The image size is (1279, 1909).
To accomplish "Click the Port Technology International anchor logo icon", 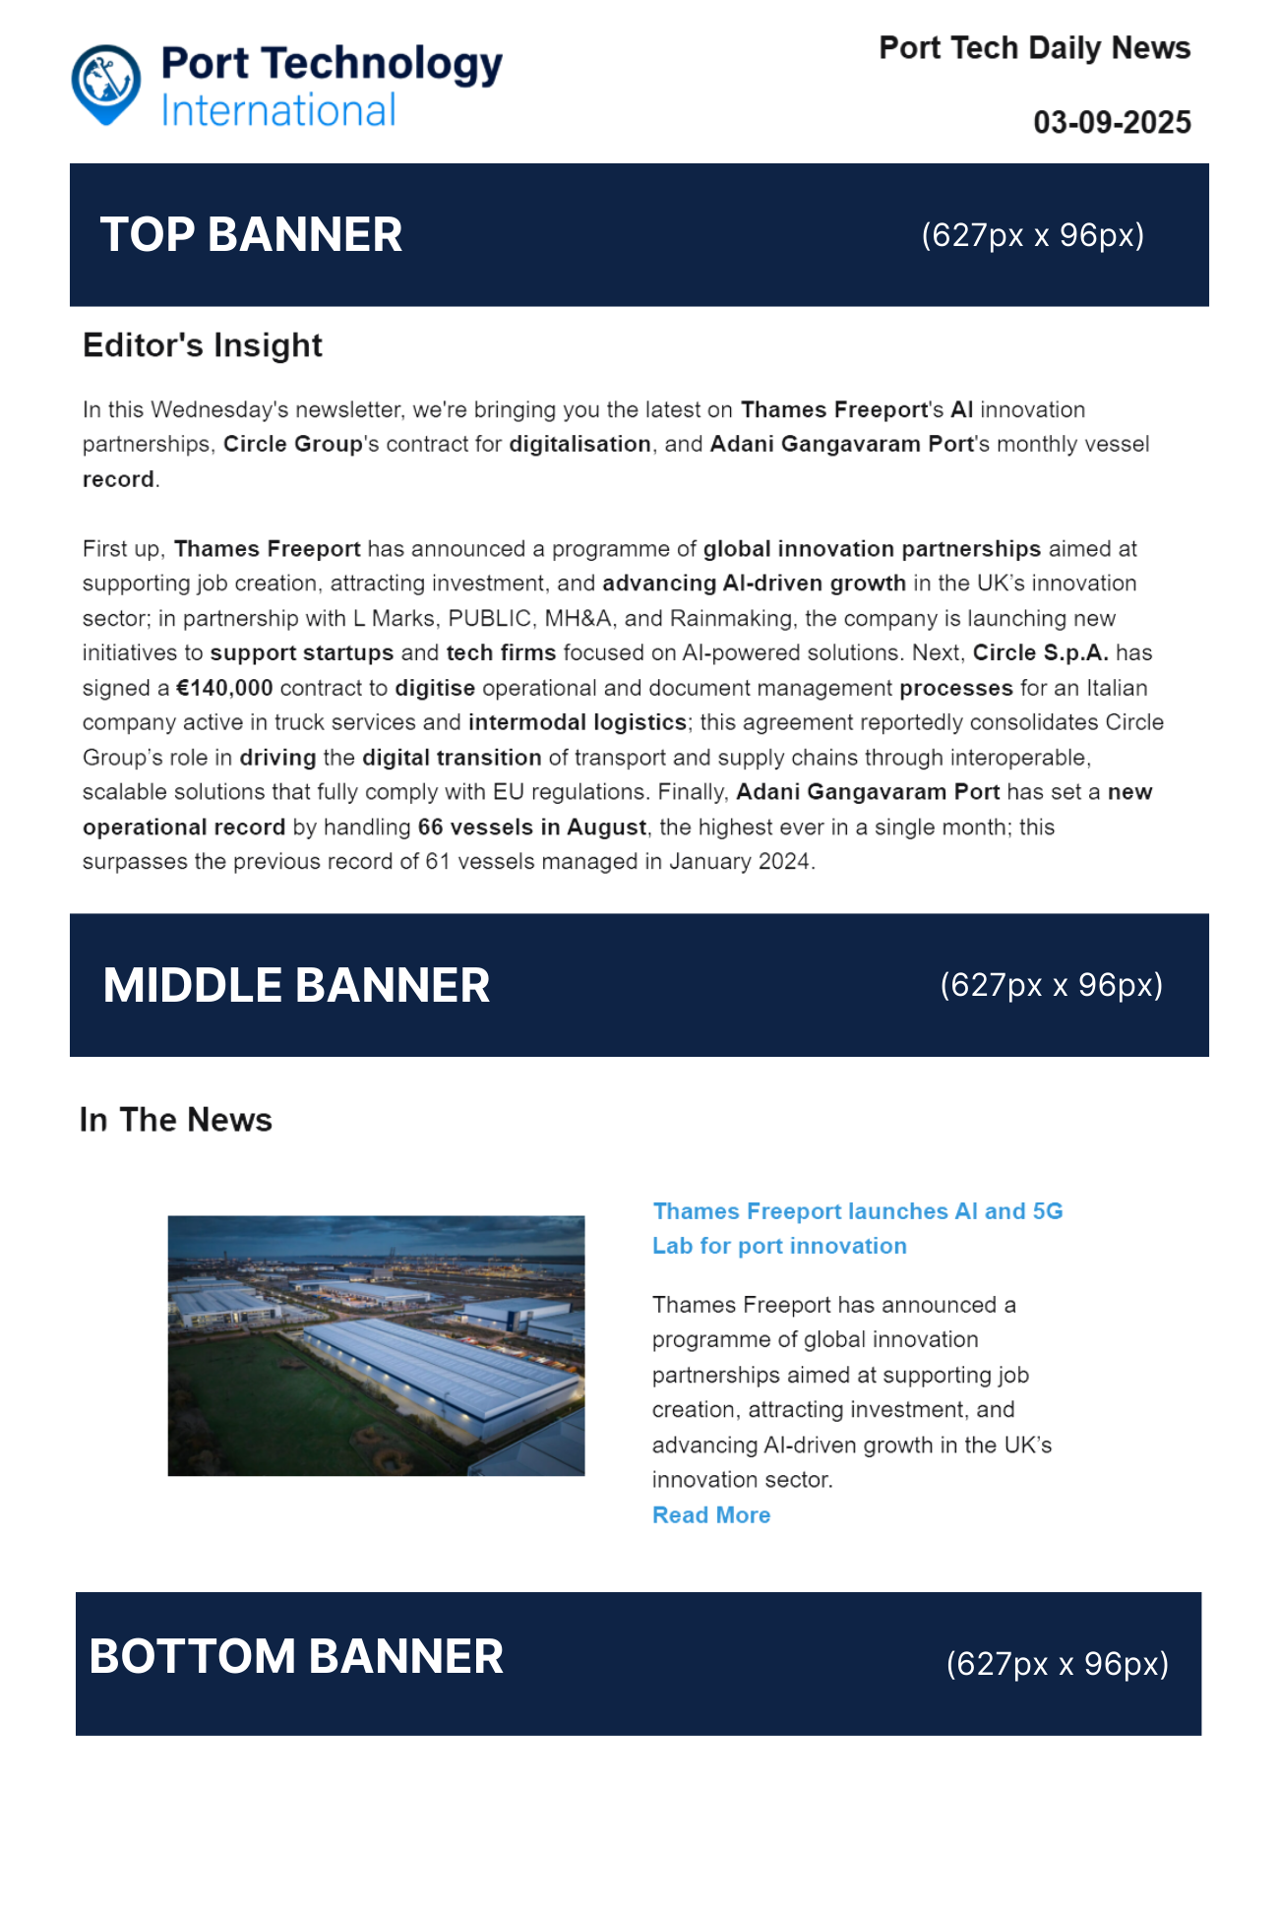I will point(105,83).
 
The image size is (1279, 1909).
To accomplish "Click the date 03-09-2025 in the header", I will point(1112,123).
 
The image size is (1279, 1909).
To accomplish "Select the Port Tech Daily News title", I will point(1034,48).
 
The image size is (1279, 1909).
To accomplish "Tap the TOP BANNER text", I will point(251,235).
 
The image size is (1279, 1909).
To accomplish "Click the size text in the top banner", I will point(1032,235).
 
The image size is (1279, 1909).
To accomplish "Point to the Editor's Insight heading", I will point(203,345).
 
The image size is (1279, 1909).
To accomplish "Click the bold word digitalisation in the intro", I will point(579,445).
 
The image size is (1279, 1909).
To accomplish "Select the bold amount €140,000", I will point(224,688).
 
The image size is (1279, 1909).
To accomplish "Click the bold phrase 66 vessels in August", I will point(532,828).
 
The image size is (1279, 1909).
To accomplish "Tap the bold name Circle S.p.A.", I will point(1040,653).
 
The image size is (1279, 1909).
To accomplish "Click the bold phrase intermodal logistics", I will point(578,723).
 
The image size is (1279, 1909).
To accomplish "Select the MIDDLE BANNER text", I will point(296,986).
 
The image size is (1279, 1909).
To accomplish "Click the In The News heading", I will point(176,1120).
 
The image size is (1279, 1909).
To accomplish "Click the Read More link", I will point(711,1515).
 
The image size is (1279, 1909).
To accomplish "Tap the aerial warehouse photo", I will point(376,1345).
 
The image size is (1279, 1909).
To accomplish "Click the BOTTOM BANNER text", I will point(296,1657).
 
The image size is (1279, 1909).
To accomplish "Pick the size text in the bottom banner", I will point(1057,1664).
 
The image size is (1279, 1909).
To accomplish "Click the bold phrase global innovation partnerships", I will point(872,549).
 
